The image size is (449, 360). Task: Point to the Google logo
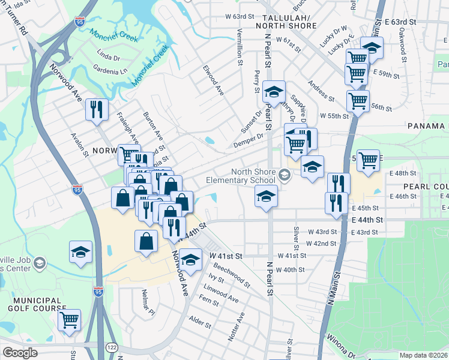[x=20, y=353]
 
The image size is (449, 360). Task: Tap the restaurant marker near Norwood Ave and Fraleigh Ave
[x=97, y=109]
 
